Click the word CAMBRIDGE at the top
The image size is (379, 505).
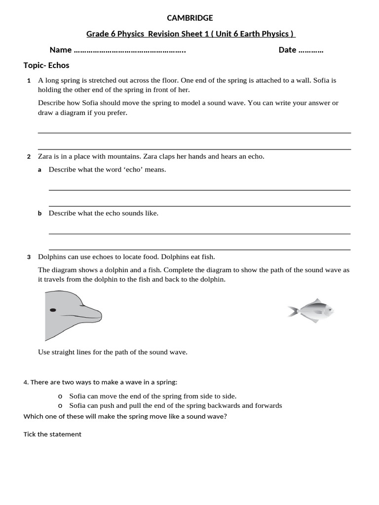pyautogui.click(x=190, y=18)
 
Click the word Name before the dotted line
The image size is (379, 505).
pyautogui.click(x=60, y=50)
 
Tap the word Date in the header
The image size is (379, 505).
pyautogui.click(x=287, y=50)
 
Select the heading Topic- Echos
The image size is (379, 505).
pyautogui.click(x=46, y=65)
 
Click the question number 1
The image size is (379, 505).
pyautogui.click(x=29, y=80)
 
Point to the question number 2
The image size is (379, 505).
pyautogui.click(x=29, y=157)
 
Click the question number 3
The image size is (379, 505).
pyautogui.click(x=29, y=257)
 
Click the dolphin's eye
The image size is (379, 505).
pyautogui.click(x=53, y=310)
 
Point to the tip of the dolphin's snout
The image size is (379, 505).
pyautogui.click(x=100, y=314)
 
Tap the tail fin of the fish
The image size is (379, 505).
pyautogui.click(x=292, y=311)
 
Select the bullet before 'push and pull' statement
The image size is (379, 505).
pyautogui.click(x=60, y=406)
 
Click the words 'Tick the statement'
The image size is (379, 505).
pyautogui.click(x=52, y=434)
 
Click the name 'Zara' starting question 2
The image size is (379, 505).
pyautogui.click(x=46, y=156)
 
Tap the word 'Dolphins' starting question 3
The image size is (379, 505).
pyautogui.click(x=52, y=257)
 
